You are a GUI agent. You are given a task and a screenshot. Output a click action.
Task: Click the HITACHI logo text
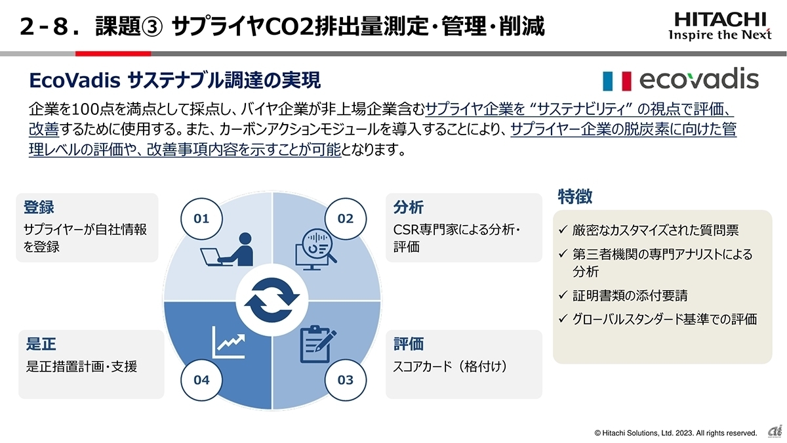click(x=720, y=19)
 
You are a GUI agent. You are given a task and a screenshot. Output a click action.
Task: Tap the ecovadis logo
click(x=680, y=80)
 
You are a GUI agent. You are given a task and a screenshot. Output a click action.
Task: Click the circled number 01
click(x=201, y=219)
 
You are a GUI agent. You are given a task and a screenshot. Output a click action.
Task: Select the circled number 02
click(x=345, y=219)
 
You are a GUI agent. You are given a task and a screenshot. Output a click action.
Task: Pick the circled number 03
click(x=345, y=379)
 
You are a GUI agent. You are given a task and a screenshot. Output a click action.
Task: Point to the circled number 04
click(x=201, y=379)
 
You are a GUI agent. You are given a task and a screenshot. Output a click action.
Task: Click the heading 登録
click(x=39, y=207)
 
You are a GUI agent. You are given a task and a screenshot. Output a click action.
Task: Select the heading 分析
click(x=408, y=207)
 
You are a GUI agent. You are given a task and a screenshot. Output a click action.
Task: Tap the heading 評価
click(x=408, y=344)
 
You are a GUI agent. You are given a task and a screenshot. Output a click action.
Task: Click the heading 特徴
click(x=575, y=196)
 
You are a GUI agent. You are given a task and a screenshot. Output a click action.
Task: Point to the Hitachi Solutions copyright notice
click(x=676, y=432)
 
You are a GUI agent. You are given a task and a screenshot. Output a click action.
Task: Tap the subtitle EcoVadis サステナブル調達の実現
click(x=175, y=81)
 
